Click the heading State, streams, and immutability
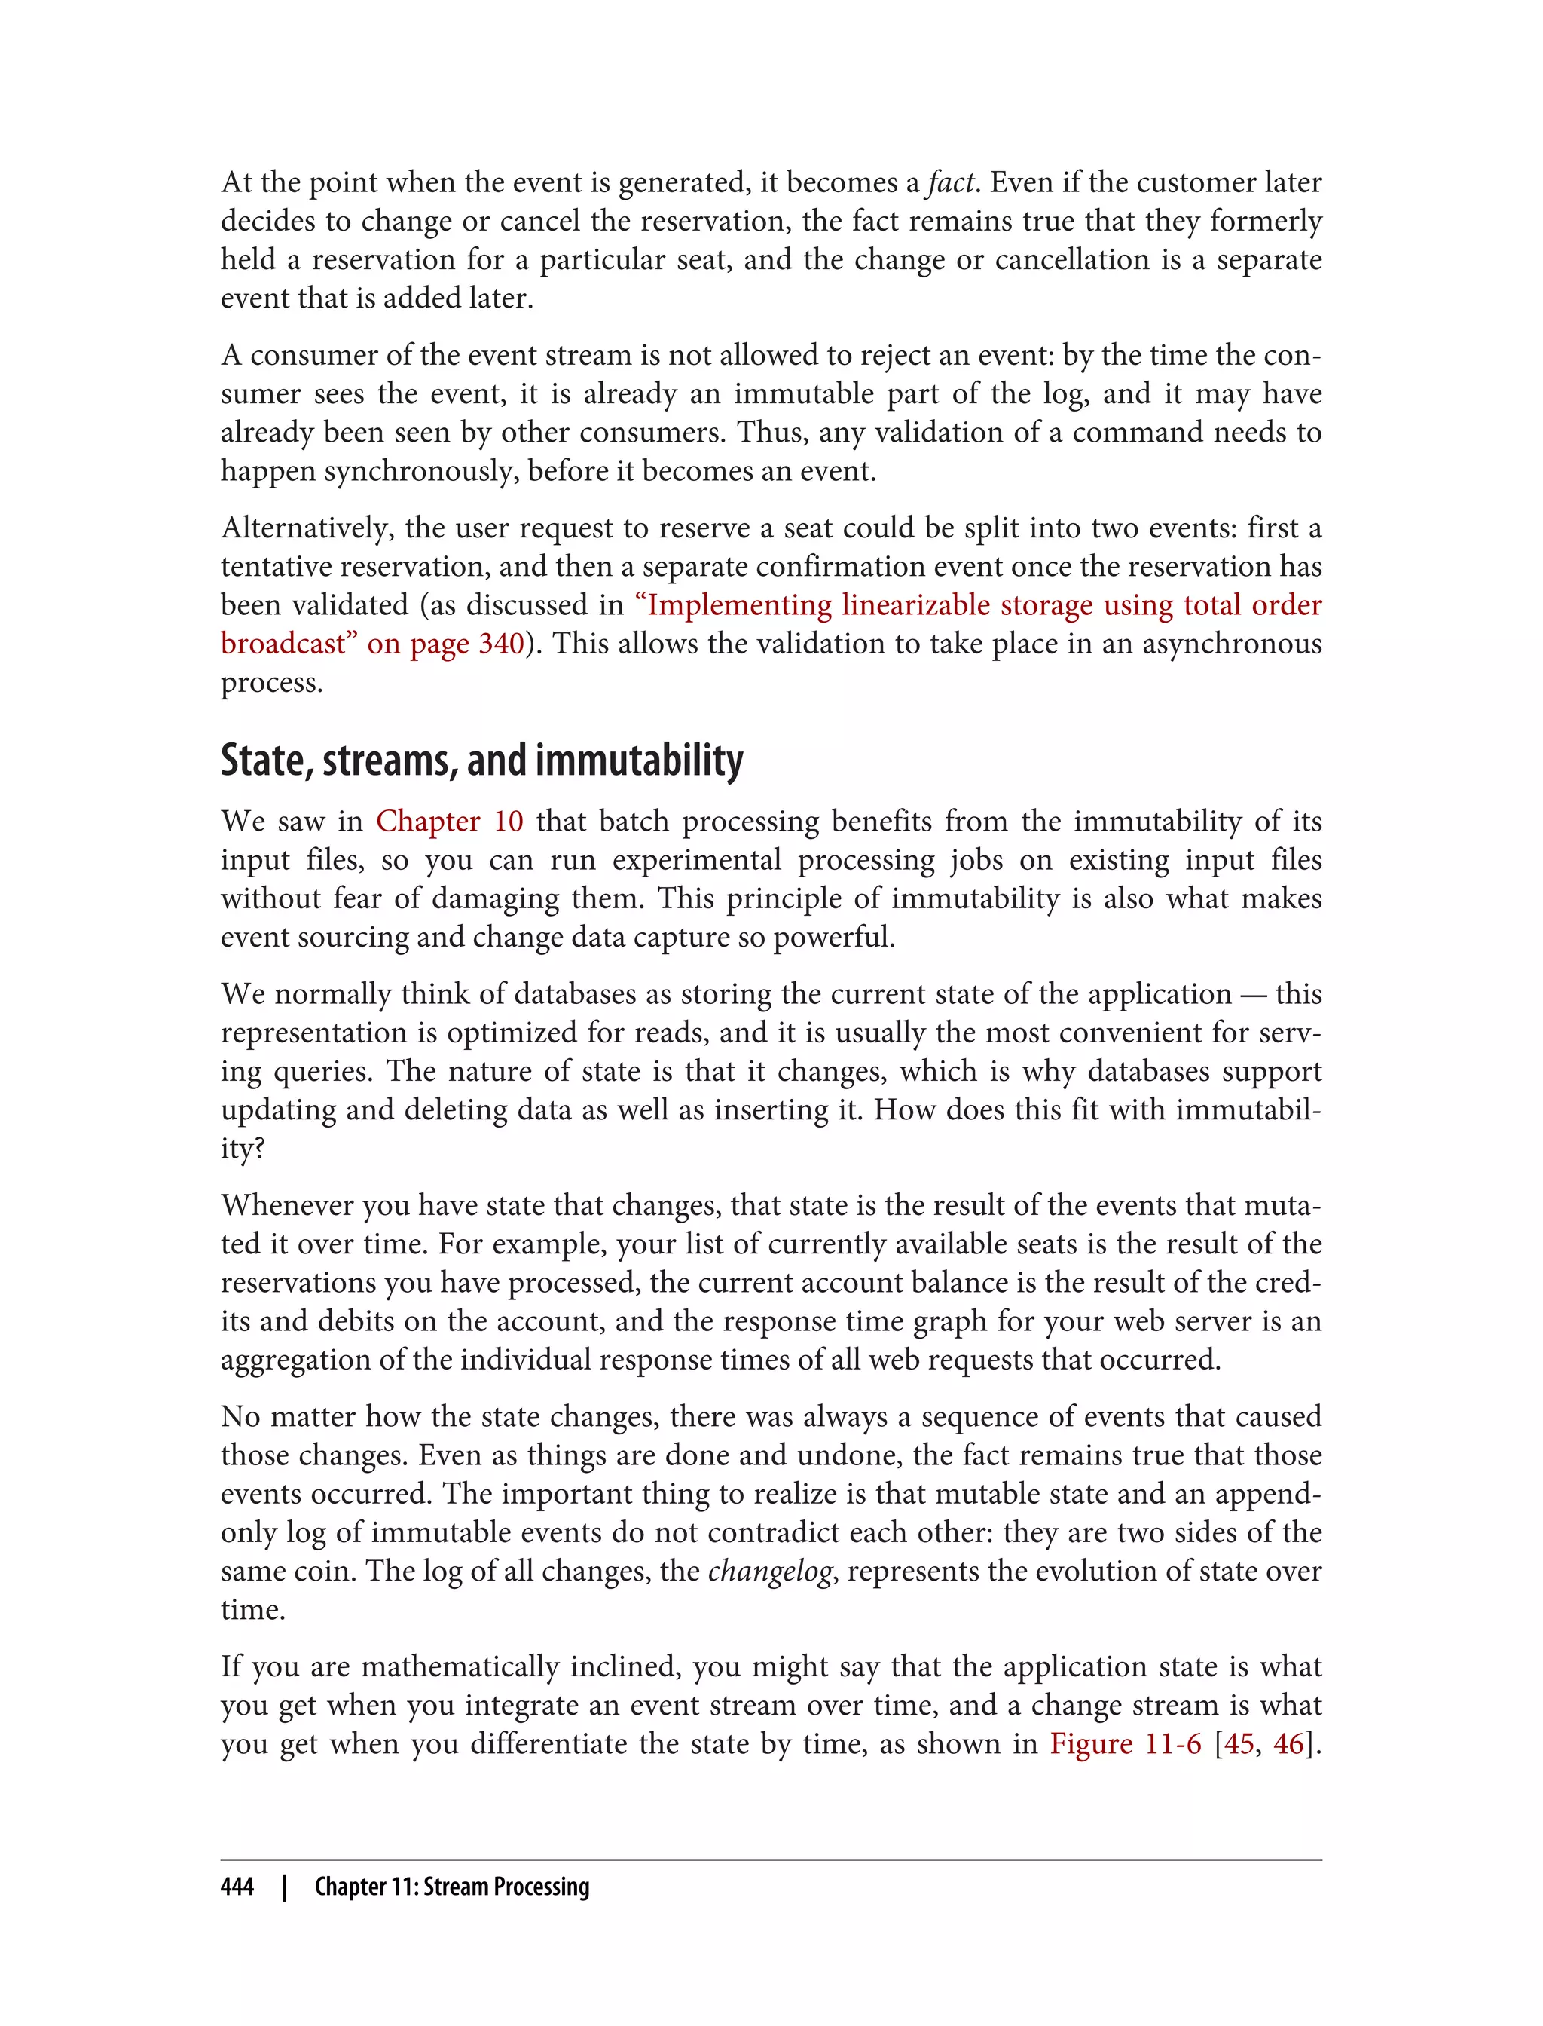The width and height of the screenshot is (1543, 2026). click(481, 760)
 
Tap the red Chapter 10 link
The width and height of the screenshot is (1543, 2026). click(449, 821)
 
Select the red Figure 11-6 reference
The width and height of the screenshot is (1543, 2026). click(1125, 1743)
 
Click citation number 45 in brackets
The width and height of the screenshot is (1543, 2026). click(1239, 1743)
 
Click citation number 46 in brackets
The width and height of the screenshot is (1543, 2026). click(1288, 1743)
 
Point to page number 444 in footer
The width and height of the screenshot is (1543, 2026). click(237, 1887)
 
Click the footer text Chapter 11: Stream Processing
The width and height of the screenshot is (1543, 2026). click(452, 1887)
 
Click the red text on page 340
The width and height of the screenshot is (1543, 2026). click(445, 643)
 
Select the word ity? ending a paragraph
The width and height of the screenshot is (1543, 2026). click(243, 1148)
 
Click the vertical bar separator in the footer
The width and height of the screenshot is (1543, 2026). click(285, 1887)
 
